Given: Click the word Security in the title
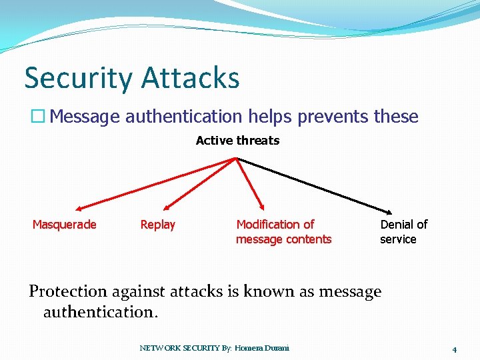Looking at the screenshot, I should tap(79, 78).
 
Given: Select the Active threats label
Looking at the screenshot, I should tap(237, 141).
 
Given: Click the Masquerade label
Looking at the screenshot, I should tap(65, 225).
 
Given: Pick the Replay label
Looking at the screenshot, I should tap(157, 225).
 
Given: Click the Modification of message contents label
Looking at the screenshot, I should tap(283, 232).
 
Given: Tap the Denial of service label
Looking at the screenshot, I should tap(403, 232).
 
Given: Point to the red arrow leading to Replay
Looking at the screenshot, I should tap(200, 183).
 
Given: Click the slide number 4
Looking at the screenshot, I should tap(454, 349).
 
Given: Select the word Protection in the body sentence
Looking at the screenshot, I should tap(68, 291).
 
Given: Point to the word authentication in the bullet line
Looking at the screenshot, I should tap(183, 117).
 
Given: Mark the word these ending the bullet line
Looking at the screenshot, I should tap(396, 117).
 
